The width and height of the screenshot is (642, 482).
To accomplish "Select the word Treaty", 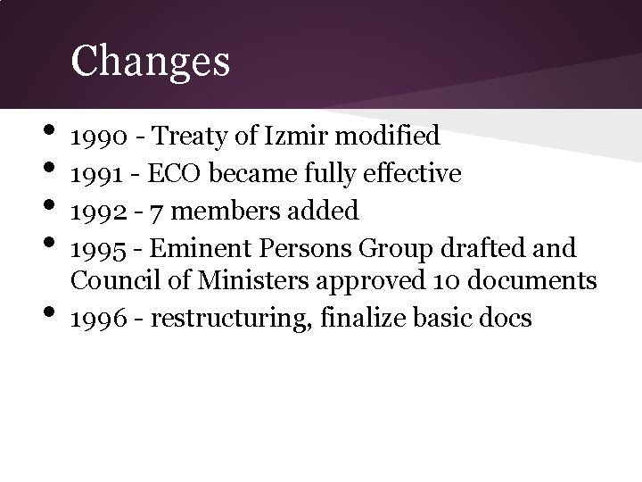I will pyautogui.click(x=182, y=137).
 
